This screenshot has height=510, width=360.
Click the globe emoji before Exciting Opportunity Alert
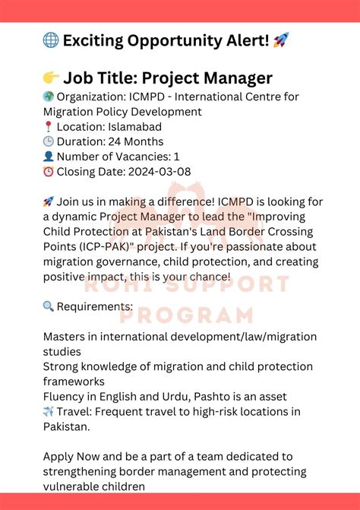(52, 40)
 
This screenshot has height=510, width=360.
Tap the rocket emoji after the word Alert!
(280, 40)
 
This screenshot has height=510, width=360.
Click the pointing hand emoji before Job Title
(51, 78)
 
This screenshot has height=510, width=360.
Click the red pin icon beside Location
(49, 127)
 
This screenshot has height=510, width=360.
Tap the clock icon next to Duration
(49, 142)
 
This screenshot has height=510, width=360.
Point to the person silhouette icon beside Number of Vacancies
(49, 157)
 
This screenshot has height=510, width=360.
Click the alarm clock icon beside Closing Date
(49, 173)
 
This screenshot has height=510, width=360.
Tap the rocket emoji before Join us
(49, 201)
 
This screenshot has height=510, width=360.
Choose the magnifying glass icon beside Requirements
(49, 306)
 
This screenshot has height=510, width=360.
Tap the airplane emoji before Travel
(49, 412)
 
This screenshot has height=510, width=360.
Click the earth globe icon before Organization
(49, 97)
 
